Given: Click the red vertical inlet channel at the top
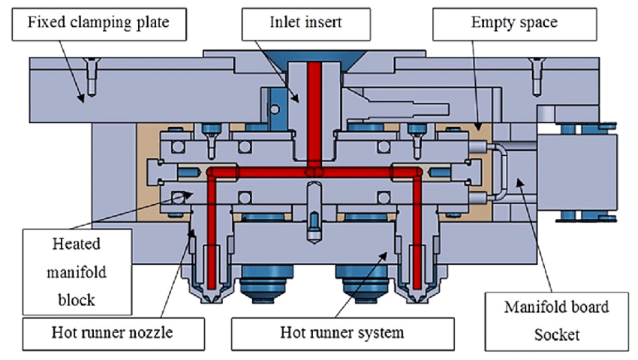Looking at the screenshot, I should [x=317, y=112].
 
